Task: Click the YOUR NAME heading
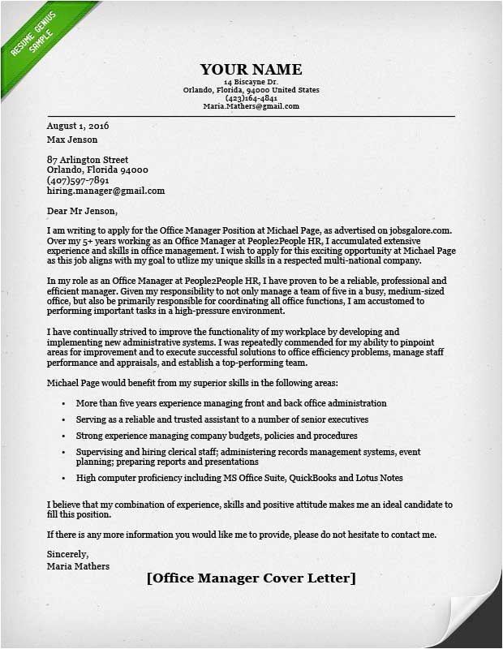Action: pyautogui.click(x=251, y=70)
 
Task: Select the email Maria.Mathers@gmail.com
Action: pyautogui.click(x=251, y=106)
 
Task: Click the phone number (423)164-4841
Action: pyautogui.click(x=251, y=98)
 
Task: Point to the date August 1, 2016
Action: pyautogui.click(x=78, y=127)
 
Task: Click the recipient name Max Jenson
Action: pyautogui.click(x=74, y=140)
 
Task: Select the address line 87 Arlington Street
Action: pyautogui.click(x=88, y=160)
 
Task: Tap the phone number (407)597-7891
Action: pyautogui.click(x=78, y=180)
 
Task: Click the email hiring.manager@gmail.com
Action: pyautogui.click(x=105, y=191)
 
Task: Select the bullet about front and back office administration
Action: pyautogui.click(x=231, y=403)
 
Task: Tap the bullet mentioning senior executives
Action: pyautogui.click(x=222, y=419)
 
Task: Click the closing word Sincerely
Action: pyautogui.click(x=66, y=556)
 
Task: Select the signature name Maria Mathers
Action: pyautogui.click(x=78, y=566)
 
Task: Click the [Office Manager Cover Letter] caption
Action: pyautogui.click(x=251, y=578)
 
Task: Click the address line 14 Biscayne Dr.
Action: pyautogui.click(x=251, y=83)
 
